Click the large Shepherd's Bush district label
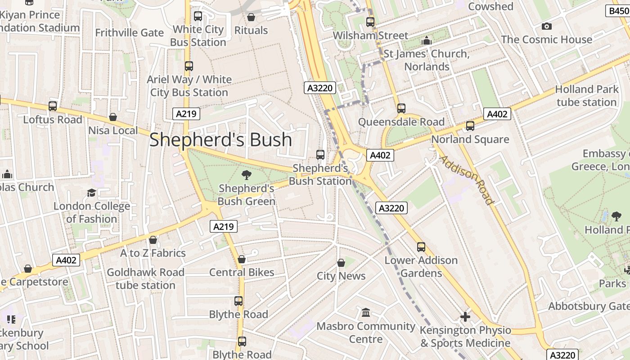pyautogui.click(x=220, y=140)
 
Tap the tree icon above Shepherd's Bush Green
pyautogui.click(x=246, y=175)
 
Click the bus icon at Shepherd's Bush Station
pyautogui.click(x=320, y=155)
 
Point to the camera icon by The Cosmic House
pyautogui.click(x=546, y=27)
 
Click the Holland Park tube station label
pyautogui.click(x=586, y=95)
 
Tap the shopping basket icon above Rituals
pyautogui.click(x=251, y=17)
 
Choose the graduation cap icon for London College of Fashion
pyautogui.click(x=92, y=193)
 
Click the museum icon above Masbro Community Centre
pyautogui.click(x=366, y=312)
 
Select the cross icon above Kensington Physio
pyautogui.click(x=465, y=317)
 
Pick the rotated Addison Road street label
pyautogui.click(x=467, y=180)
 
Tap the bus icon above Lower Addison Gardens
pyautogui.click(x=421, y=247)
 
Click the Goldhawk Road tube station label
pyautogui.click(x=145, y=279)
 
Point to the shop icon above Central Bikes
pyautogui.click(x=242, y=259)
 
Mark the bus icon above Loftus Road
pyautogui.click(x=53, y=106)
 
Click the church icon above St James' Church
pyautogui.click(x=427, y=41)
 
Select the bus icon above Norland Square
pyautogui.click(x=470, y=126)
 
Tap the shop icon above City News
pyautogui.click(x=341, y=263)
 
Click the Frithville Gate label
pyautogui.click(x=129, y=32)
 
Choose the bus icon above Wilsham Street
pyautogui.click(x=370, y=22)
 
